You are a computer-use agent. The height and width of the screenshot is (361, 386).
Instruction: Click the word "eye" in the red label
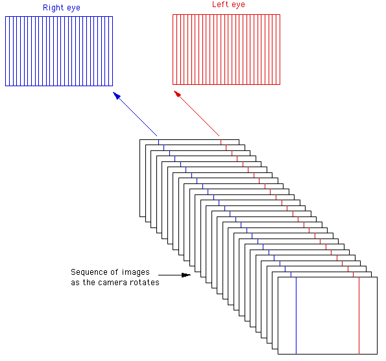pyautogui.click(x=238, y=5)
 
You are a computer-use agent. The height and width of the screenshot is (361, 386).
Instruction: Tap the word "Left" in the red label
pyautogui.click(x=221, y=4)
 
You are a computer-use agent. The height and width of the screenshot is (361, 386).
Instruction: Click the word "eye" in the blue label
pyautogui.click(x=73, y=8)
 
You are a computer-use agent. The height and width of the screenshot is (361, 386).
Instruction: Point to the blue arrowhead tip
pyautogui.click(x=113, y=92)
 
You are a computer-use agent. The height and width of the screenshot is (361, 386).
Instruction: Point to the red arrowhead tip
pyautogui.click(x=174, y=91)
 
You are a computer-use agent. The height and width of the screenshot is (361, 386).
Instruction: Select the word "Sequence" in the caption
pyautogui.click(x=89, y=272)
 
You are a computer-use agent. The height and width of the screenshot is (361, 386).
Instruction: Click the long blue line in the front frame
pyautogui.click(x=296, y=316)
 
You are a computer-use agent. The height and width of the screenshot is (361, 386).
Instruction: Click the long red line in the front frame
pyautogui.click(x=359, y=316)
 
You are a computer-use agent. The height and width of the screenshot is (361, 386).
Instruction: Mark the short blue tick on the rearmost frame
pyautogui.click(x=158, y=142)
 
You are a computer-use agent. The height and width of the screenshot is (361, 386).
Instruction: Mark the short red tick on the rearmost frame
pyautogui.click(x=221, y=142)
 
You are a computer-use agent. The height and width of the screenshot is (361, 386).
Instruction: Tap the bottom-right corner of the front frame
pyautogui.click(x=377, y=354)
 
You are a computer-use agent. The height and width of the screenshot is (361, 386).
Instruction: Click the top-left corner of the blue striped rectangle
pyautogui.click(x=5, y=16)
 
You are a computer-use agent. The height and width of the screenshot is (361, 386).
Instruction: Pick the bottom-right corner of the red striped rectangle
pyautogui.click(x=280, y=84)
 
